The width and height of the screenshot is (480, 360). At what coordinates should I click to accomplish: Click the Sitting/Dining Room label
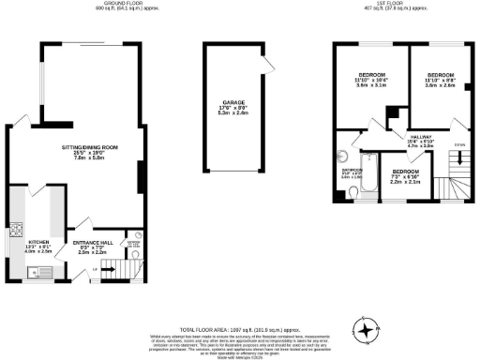(x=90, y=151)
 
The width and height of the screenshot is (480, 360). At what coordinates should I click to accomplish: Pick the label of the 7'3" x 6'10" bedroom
(x=405, y=177)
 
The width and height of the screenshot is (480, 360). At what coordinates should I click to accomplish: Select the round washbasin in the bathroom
(x=343, y=157)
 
